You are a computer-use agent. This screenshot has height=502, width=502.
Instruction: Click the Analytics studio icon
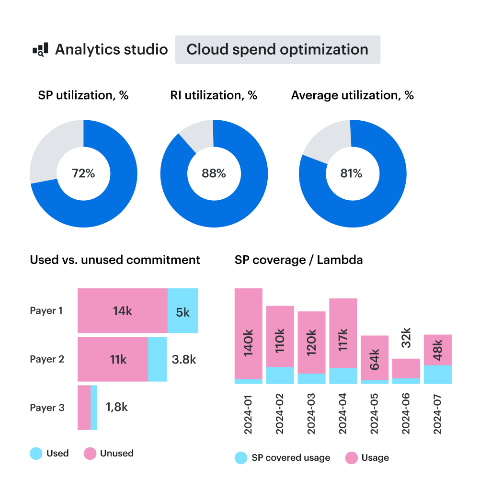40,49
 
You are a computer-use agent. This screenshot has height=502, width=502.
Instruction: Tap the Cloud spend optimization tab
277,49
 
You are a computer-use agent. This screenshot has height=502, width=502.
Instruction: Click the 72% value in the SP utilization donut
83,173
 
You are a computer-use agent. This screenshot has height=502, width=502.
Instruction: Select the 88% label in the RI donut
214,173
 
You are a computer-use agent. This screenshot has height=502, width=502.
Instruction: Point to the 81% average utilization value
351,173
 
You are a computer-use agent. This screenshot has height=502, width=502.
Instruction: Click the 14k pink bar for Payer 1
122,311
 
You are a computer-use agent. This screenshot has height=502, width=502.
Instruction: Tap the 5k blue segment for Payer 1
183,312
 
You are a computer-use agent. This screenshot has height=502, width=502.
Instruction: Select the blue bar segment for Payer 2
157,359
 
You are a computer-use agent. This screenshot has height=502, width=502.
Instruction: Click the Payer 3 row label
47,408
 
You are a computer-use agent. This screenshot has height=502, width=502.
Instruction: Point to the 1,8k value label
116,407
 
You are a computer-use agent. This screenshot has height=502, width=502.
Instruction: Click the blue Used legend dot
36,454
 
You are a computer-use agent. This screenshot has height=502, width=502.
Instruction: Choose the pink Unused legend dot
90,454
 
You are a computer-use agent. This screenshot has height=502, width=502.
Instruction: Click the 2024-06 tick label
406,415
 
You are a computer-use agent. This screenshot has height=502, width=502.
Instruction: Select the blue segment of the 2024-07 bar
438,375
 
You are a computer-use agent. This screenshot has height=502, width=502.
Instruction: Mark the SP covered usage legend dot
241,458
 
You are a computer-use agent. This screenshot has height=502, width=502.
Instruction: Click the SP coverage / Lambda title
298,260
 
